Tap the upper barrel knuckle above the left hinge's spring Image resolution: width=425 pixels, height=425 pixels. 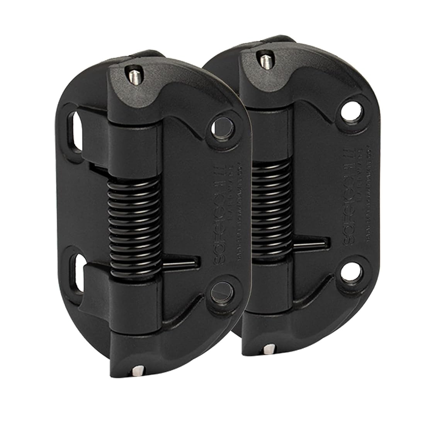[x=133, y=143]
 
